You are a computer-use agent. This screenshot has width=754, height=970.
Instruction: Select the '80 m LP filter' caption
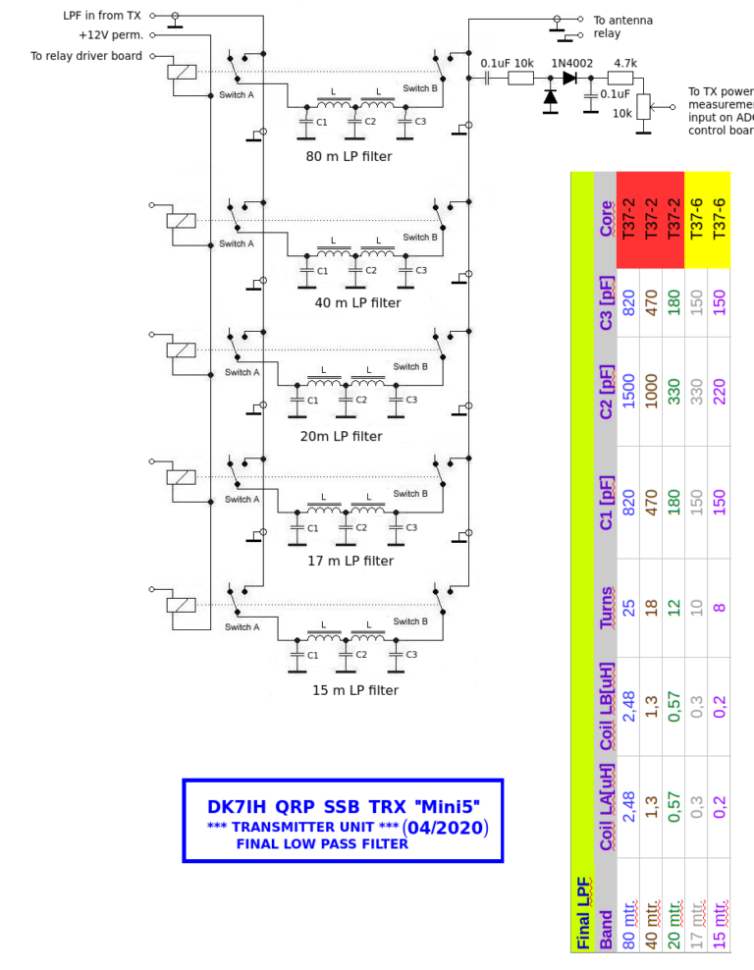pyautogui.click(x=349, y=156)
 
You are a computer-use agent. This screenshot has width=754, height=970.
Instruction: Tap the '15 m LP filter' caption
pyautogui.click(x=355, y=690)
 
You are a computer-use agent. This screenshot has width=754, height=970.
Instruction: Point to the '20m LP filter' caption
pyautogui.click(x=341, y=436)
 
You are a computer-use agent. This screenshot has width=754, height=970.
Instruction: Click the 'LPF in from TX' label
pyautogui.click(x=102, y=16)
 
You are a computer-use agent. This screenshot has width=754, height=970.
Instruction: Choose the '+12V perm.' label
pyautogui.click(x=111, y=35)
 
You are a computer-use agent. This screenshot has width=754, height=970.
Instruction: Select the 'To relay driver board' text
pyautogui.click(x=86, y=56)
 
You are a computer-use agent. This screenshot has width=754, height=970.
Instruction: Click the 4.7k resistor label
pyautogui.click(x=625, y=63)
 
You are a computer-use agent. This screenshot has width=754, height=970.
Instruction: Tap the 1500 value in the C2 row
pyautogui.click(x=629, y=391)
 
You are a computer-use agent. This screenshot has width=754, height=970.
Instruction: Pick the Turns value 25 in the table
pyautogui.click(x=629, y=609)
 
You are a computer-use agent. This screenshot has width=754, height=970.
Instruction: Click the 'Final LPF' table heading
pyautogui.click(x=583, y=913)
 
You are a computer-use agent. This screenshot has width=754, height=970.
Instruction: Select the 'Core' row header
pyautogui.click(x=607, y=219)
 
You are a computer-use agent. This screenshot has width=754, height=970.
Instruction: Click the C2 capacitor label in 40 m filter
pyautogui.click(x=370, y=270)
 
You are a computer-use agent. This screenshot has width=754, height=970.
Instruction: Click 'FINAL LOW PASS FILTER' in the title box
pyautogui.click(x=322, y=844)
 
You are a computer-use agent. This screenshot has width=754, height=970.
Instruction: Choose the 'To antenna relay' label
pyautogui.click(x=622, y=27)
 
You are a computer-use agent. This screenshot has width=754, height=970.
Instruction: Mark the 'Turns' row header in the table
pyautogui.click(x=607, y=609)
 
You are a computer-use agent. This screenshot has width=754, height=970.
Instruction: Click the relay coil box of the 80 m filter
pyautogui.click(x=182, y=71)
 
